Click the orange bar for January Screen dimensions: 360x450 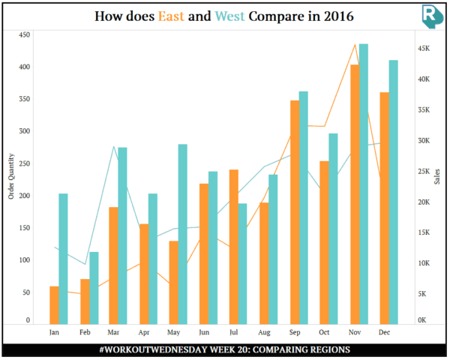[x=54, y=305]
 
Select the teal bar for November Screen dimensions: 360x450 [x=364, y=184]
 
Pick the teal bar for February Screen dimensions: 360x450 [x=94, y=288]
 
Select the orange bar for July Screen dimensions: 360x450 [x=234, y=247]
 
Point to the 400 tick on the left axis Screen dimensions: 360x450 [x=24, y=67]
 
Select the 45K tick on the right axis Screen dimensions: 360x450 [x=424, y=49]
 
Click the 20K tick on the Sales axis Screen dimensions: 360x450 [x=424, y=202]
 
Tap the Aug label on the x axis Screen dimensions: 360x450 [x=264, y=331]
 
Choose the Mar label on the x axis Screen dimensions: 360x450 [x=113, y=331]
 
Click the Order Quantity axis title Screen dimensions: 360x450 [x=10, y=176]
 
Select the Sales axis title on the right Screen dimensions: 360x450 [x=438, y=176]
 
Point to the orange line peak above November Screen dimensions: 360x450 [x=355, y=44]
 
